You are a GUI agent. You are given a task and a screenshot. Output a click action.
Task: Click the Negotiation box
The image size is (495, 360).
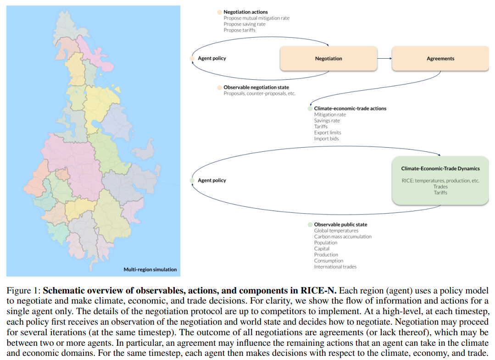coord(328,59)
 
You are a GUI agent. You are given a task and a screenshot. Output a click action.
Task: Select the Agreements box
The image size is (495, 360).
coord(440,59)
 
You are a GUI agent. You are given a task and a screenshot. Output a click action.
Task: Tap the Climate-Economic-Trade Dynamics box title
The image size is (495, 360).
coord(440,169)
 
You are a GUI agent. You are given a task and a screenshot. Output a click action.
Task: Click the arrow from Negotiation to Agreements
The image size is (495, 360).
coord(384,59)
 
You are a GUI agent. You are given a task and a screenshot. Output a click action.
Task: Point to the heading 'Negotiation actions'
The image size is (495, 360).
coord(245,12)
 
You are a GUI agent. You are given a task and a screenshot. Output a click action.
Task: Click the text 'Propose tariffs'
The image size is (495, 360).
coord(239,30)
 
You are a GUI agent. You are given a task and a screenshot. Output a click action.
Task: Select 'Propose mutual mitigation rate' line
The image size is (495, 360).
coord(256,18)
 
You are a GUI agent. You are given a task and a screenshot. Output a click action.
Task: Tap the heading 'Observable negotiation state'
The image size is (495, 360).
coord(256,87)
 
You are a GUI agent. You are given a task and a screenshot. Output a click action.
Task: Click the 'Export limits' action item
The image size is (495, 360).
coord(328,133)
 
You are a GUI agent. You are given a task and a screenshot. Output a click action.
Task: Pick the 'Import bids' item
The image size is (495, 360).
coord(326,138)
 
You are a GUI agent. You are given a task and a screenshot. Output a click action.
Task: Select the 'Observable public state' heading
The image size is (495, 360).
coord(340,224)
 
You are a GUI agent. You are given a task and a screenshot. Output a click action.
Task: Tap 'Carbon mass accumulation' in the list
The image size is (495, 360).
coord(343,237)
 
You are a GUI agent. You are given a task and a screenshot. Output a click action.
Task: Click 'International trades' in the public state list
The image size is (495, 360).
coord(335,266)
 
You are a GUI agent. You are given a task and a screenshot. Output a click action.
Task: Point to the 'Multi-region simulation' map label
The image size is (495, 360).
coord(150,269)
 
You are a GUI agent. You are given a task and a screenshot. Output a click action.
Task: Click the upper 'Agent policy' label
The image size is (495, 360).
coord(211,59)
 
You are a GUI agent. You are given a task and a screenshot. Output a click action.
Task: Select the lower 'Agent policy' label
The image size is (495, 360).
coord(211,180)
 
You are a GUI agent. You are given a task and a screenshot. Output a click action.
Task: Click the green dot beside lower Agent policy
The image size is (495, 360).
coord(192,180)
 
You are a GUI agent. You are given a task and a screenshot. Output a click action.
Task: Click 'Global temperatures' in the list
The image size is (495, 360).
coord(336,231)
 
